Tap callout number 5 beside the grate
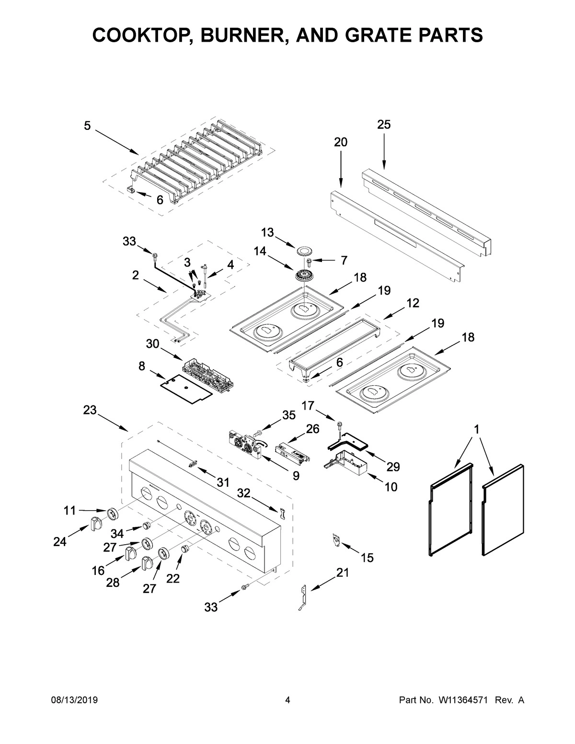click(87, 126)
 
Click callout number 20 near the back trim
click(341, 142)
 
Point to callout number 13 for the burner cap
click(267, 232)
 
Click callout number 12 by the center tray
click(413, 303)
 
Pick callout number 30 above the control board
click(153, 344)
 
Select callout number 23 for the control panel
click(90, 410)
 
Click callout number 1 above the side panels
click(476, 430)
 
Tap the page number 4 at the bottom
click(287, 700)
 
